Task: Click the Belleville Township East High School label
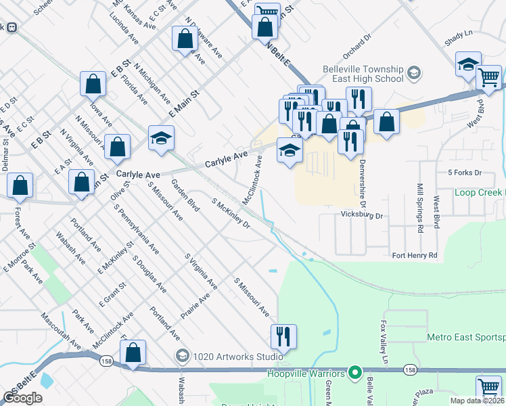[x=367, y=74]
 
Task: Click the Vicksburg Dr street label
[x=361, y=217]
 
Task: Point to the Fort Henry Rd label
[x=415, y=255]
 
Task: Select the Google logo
[x=22, y=398]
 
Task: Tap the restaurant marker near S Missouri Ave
[x=283, y=336]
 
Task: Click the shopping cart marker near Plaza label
[x=488, y=387]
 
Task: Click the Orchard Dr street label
[x=358, y=43]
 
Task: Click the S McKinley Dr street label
[x=231, y=214]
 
